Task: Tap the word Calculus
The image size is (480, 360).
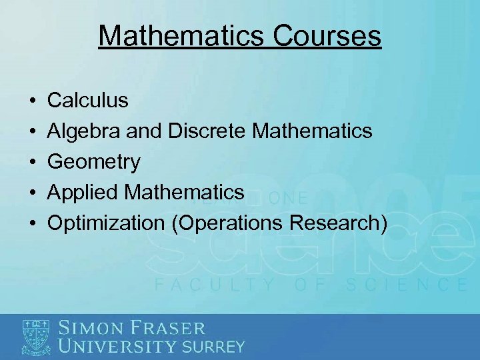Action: [x=88, y=101]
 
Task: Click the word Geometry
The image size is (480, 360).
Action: [x=94, y=162]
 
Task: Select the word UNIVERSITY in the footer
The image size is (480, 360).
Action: [x=119, y=346]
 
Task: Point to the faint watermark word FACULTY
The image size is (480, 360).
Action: [x=214, y=285]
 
